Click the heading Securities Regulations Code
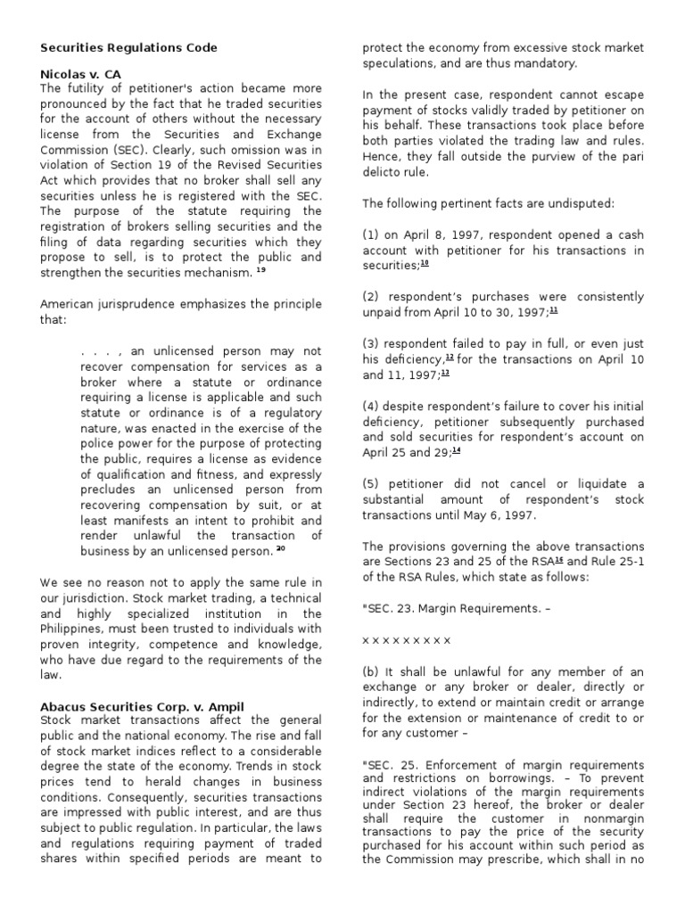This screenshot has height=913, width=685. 128,47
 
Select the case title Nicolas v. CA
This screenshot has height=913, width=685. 80,78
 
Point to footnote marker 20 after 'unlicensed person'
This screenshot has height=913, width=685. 280,550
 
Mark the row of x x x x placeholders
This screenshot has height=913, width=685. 407,640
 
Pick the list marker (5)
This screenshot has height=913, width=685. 371,483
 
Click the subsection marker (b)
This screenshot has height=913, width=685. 371,672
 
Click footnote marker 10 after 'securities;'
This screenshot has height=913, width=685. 425,264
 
